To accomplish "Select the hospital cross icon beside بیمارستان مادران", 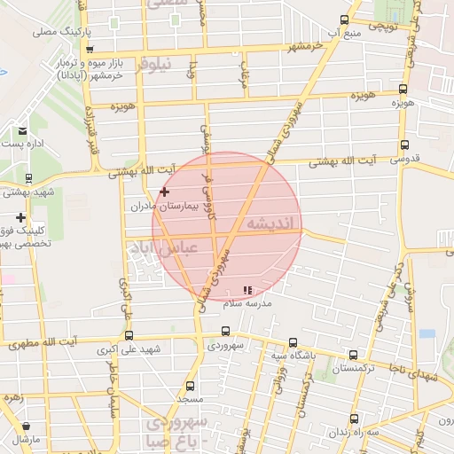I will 164,192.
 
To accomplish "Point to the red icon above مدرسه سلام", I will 247,289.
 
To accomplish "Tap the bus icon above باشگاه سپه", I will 293,342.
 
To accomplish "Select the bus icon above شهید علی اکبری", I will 129,335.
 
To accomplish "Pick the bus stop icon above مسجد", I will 190,387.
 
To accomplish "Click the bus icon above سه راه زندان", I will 355,419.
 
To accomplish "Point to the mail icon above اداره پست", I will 21,131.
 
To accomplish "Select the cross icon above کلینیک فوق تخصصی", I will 20,217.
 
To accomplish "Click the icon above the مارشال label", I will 26,427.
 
